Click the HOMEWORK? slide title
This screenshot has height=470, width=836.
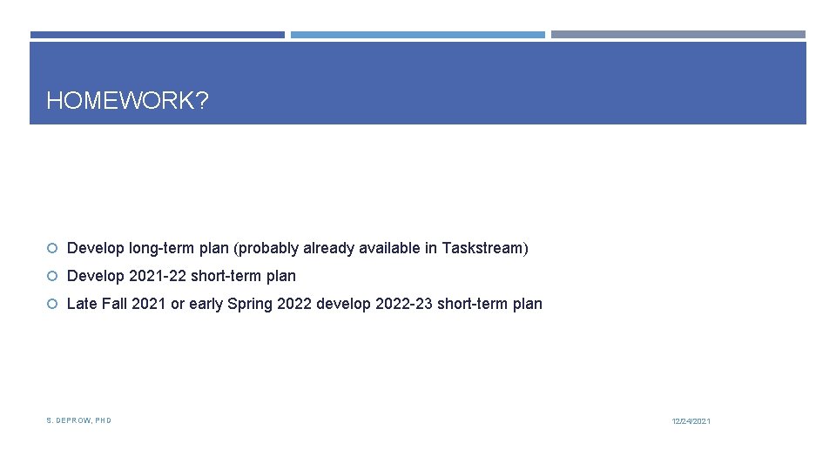click(x=127, y=101)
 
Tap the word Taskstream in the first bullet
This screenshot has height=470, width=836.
click(x=482, y=248)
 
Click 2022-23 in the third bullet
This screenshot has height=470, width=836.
click(x=401, y=304)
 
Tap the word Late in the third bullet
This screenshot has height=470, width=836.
click(x=82, y=304)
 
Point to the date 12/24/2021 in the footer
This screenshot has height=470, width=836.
click(x=691, y=421)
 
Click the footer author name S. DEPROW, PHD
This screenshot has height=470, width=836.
click(x=78, y=420)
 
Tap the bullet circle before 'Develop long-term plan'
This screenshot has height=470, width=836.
click(x=52, y=249)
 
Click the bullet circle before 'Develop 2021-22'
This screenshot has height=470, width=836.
click(x=52, y=277)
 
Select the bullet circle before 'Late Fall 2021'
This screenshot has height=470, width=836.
click(x=52, y=305)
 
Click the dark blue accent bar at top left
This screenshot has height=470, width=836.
click(x=158, y=35)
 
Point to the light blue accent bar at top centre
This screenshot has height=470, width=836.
click(x=418, y=35)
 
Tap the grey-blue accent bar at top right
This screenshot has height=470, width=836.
click(x=678, y=35)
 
